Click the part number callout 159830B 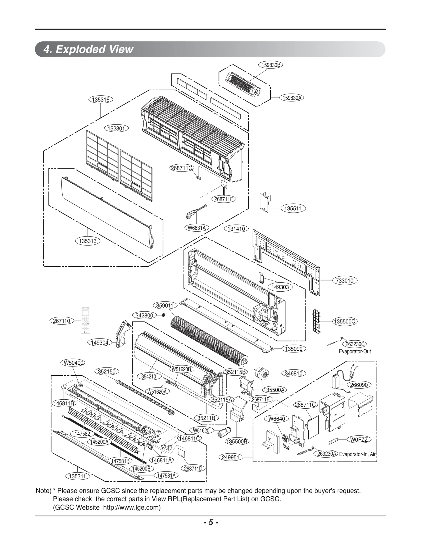pyautogui.click(x=270, y=65)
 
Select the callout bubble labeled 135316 pyautogui.click(x=101, y=100)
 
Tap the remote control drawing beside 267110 pyautogui.click(x=85, y=320)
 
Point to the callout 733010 pyautogui.click(x=345, y=281)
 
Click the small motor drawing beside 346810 pyautogui.click(x=261, y=373)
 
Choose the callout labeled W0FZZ pyautogui.click(x=359, y=439)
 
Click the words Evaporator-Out pyautogui.click(x=355, y=351)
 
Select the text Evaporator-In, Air pyautogui.click(x=357, y=454)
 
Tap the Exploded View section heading pyautogui.click(x=89, y=49)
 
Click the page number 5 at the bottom pyautogui.click(x=210, y=522)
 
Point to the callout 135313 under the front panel pyautogui.click(x=88, y=241)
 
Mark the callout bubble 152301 pyautogui.click(x=116, y=129)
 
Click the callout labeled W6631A pyautogui.click(x=197, y=228)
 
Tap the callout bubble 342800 pyautogui.click(x=144, y=316)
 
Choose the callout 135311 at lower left pyautogui.click(x=77, y=476)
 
